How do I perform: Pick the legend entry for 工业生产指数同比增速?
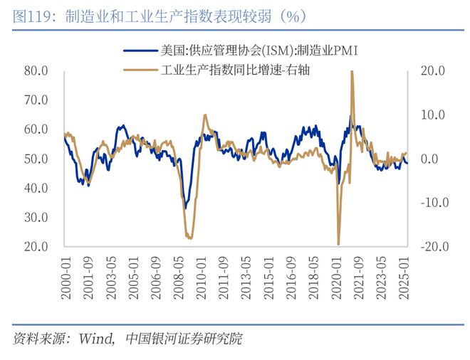point(236,69)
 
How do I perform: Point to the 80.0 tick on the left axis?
point(36,71)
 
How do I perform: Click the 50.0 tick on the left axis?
point(36,159)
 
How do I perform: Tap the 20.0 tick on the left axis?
point(36,247)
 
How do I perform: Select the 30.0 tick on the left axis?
point(36,218)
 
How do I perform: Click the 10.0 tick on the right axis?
point(432,115)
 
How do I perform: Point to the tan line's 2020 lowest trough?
point(339,244)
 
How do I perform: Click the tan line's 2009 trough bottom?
point(189,238)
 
